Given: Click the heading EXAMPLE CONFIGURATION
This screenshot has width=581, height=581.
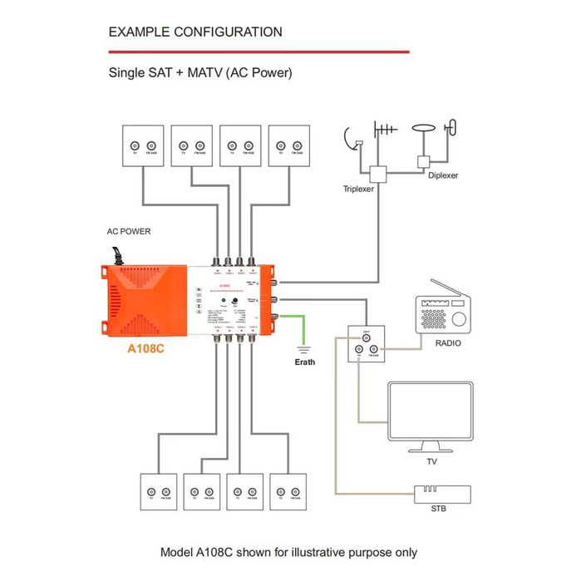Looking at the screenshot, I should coord(195,32).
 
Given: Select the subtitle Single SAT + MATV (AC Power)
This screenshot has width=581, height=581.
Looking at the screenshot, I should coord(200,72).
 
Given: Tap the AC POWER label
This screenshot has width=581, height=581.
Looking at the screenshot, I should coord(129,231).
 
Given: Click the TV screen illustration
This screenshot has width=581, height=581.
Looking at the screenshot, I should coord(430,414).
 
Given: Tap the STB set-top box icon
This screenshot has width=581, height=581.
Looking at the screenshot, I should coord(441,493).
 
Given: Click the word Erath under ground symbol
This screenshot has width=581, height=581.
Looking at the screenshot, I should coord(305,362).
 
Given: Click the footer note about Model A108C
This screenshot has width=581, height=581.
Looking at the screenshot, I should coord(288,552).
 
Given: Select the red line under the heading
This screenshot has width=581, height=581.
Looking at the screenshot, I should coord(258,52).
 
